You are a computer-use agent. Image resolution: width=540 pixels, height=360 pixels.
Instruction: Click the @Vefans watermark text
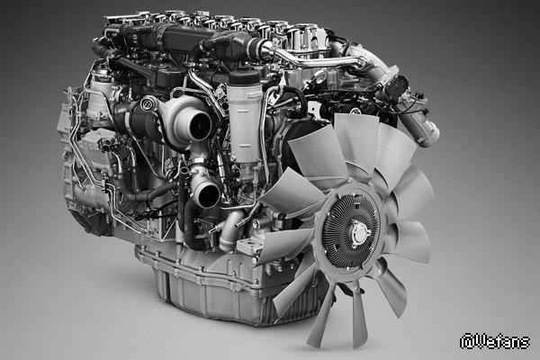(x=495, y=341)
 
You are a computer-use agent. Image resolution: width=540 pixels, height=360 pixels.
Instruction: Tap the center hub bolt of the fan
(x=356, y=235)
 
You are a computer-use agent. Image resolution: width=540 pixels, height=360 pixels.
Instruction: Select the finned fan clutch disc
(x=351, y=232)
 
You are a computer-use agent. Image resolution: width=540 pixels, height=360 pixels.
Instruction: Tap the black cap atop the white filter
(x=244, y=78)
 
